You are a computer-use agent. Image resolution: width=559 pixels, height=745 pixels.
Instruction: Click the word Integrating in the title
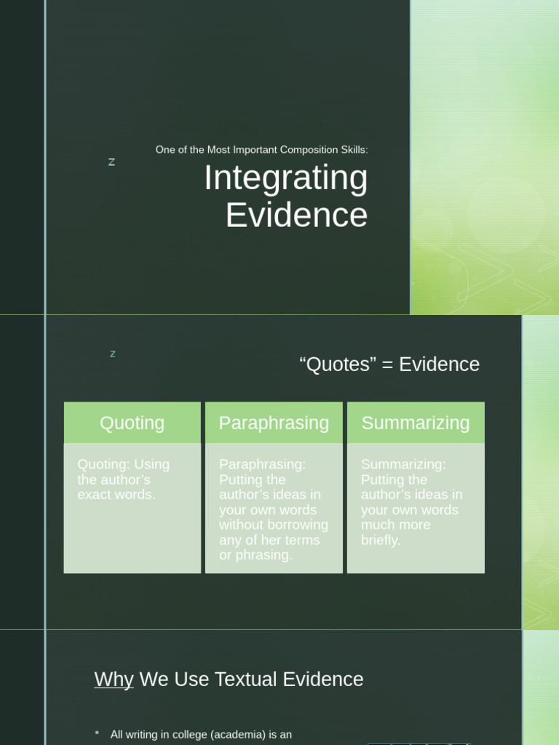(285, 179)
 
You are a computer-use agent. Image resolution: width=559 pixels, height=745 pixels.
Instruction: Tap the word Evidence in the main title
(296, 215)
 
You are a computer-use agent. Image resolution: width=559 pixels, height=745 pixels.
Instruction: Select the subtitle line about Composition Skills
(261, 150)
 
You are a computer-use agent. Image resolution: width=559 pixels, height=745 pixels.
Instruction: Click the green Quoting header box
(132, 423)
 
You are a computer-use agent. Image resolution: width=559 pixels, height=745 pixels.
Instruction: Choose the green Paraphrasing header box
(274, 423)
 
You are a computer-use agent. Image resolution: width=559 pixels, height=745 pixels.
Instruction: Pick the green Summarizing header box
(416, 423)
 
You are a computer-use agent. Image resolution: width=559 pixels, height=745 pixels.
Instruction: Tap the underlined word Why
(114, 680)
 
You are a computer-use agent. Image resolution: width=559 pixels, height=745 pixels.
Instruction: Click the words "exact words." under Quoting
(116, 495)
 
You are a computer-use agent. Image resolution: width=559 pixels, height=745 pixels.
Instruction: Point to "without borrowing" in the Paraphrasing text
(274, 525)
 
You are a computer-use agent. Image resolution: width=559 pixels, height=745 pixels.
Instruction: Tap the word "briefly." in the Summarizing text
(381, 540)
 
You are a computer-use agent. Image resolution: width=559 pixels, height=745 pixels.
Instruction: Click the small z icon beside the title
(111, 162)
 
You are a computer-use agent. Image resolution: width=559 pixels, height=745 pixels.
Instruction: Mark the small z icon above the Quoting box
(113, 354)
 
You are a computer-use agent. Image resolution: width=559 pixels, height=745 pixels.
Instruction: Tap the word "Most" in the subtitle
(218, 150)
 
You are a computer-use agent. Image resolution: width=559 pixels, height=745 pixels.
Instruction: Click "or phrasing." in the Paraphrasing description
(255, 555)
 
